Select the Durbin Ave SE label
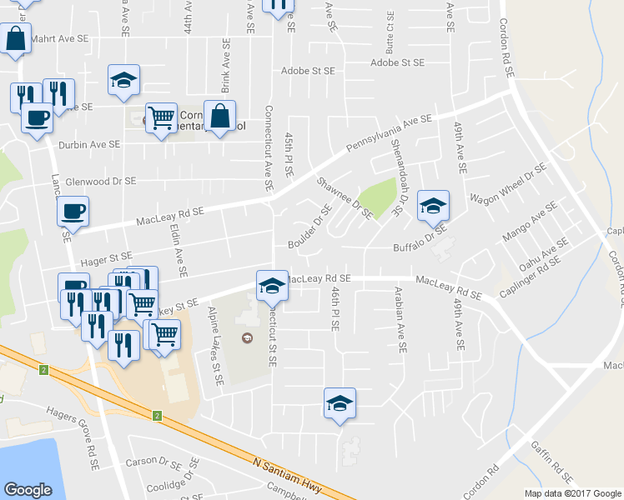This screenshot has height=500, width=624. point(89,144)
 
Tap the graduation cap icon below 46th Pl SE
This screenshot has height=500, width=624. point(340,403)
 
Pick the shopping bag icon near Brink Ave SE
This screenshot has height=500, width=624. point(219,117)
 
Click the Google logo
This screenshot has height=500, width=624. point(28,490)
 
